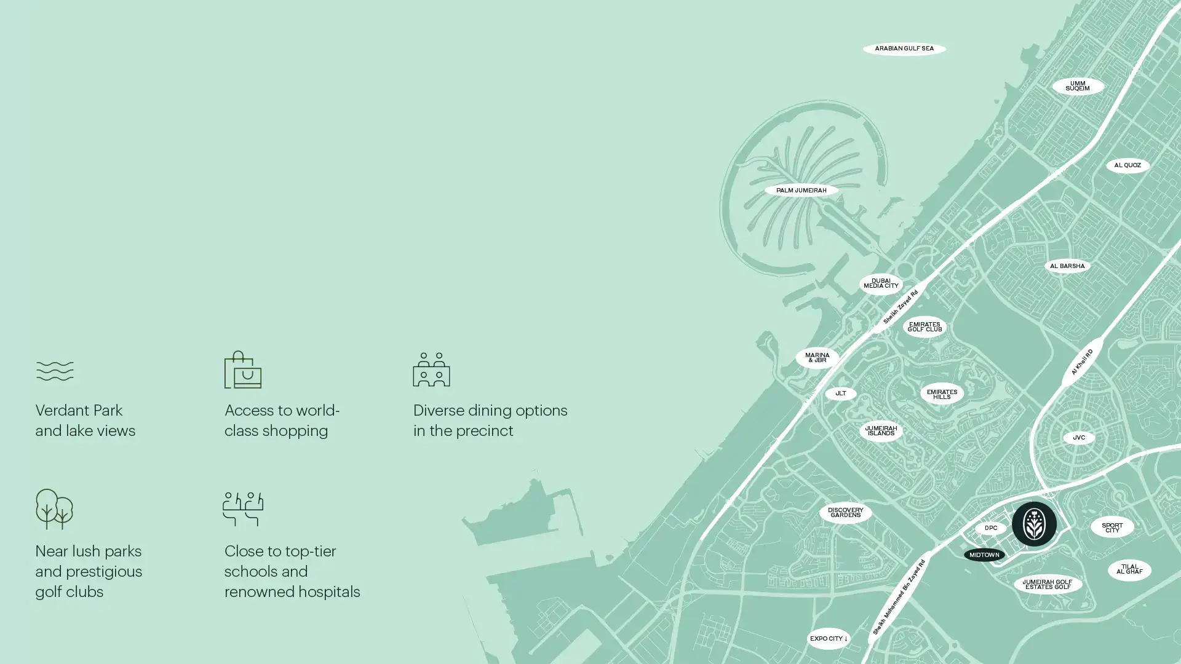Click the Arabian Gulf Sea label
[904, 49]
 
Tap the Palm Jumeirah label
[801, 191]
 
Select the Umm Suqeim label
[1077, 86]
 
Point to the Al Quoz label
[1127, 165]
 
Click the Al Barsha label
[1067, 266]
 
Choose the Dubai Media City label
[880, 283]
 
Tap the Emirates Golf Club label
[924, 327]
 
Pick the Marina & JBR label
[817, 358]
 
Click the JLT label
[840, 393]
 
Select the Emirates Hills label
[941, 394]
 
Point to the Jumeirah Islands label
[880, 431]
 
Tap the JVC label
[1078, 438]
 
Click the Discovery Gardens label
[845, 513]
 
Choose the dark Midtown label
[984, 555]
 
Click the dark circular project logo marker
[1033, 524]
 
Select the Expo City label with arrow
[828, 639]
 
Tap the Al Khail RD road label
[1081, 362]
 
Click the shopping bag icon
[242, 370]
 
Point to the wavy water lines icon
[55, 371]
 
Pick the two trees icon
[54, 509]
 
